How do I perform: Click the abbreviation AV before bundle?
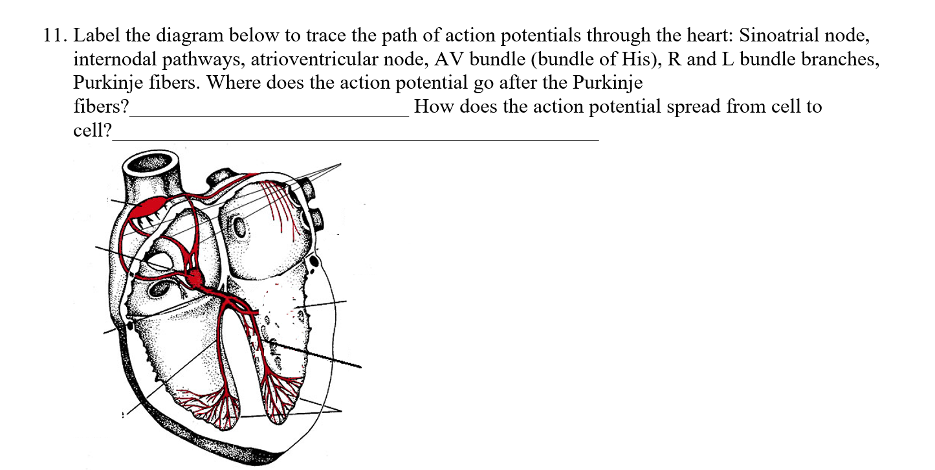446,59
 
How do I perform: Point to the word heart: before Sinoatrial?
713,35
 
